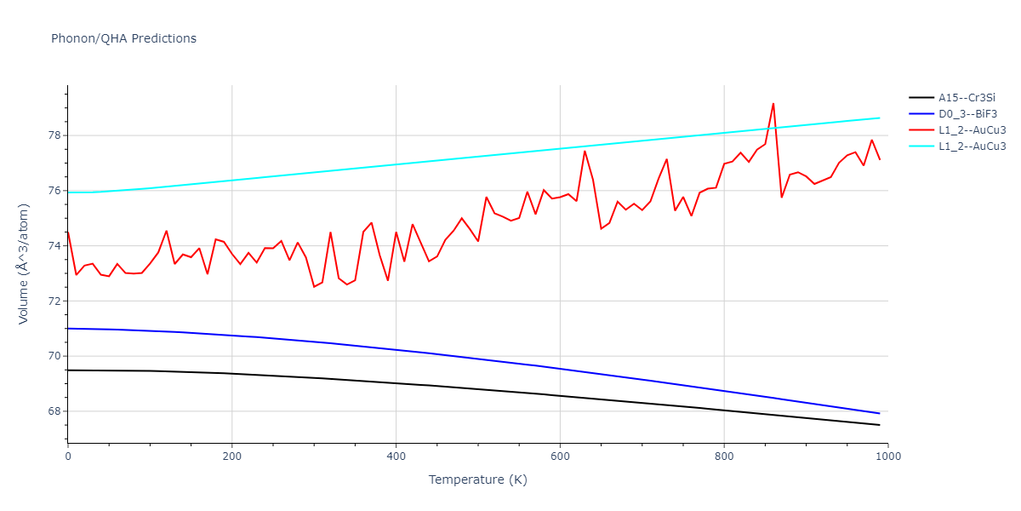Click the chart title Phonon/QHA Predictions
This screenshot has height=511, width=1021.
[123, 38]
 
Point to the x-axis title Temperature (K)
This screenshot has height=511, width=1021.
[477, 479]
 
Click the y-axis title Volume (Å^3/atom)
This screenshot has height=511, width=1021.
[24, 264]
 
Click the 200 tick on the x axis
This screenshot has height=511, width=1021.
[231, 456]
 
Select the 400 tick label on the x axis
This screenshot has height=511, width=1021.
[396, 456]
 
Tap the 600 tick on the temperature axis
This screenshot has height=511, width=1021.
[560, 456]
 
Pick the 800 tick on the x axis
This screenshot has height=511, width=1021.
[723, 456]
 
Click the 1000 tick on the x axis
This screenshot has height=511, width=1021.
[887, 456]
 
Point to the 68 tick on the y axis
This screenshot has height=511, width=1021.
[53, 411]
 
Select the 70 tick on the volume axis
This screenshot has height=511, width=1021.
[53, 356]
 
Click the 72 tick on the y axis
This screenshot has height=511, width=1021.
[53, 301]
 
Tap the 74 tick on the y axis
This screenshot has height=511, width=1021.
[53, 246]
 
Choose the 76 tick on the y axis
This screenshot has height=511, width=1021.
[53, 191]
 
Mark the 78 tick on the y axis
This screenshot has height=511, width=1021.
[53, 135]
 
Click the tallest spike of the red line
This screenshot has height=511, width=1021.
[773, 104]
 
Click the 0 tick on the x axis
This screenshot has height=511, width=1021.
[68, 456]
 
